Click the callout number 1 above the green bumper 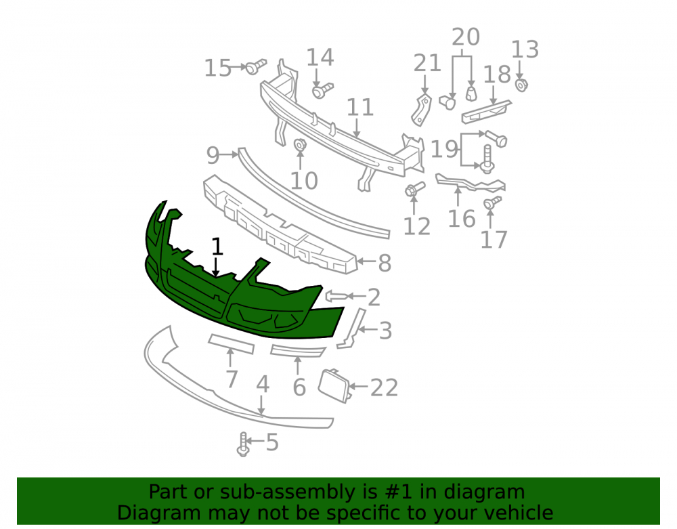pyautogui.click(x=217, y=247)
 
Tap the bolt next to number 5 pyautogui.click(x=243, y=444)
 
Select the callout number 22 pyautogui.click(x=384, y=387)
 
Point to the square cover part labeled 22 pyautogui.click(x=334, y=385)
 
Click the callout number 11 pyautogui.click(x=360, y=108)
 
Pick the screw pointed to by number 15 pyautogui.click(x=256, y=66)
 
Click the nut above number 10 pyautogui.click(x=300, y=145)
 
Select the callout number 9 pyautogui.click(x=213, y=155)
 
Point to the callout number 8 pyautogui.click(x=385, y=263)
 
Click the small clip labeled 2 pyautogui.click(x=336, y=296)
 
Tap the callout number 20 pyautogui.click(x=466, y=37)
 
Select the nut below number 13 pyautogui.click(x=521, y=85)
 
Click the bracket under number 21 pyautogui.click(x=421, y=110)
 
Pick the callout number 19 pyautogui.click(x=444, y=150)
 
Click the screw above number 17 pyautogui.click(x=492, y=203)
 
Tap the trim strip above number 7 pyautogui.click(x=231, y=343)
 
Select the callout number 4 pyautogui.click(x=263, y=384)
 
